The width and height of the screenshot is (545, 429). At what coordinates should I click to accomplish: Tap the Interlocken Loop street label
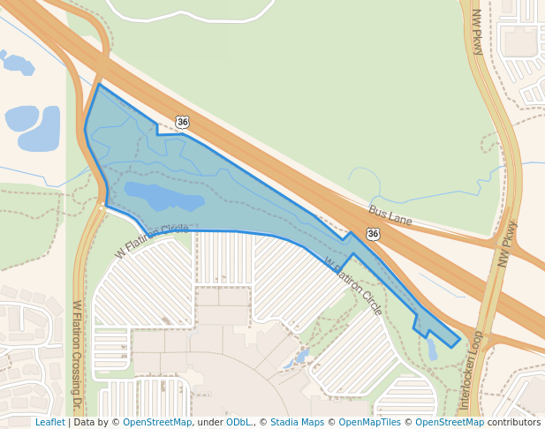[468, 372]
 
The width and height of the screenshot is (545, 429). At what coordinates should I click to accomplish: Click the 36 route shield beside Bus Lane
[374, 233]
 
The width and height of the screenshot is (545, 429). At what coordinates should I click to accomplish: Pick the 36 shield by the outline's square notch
[182, 122]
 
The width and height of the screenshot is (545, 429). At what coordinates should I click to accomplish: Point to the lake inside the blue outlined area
[163, 195]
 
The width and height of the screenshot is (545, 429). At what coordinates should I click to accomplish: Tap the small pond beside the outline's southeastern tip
[432, 350]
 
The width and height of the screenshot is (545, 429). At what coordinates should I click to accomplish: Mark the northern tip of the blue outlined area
[99, 86]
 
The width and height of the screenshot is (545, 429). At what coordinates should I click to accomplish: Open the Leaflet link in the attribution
[49, 422]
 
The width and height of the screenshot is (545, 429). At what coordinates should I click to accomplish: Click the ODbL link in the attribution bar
[238, 422]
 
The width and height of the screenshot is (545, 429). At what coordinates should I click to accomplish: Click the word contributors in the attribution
[514, 422]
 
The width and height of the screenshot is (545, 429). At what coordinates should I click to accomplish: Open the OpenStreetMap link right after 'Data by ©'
[156, 422]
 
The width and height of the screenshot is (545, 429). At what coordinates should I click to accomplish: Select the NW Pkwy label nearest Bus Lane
[506, 244]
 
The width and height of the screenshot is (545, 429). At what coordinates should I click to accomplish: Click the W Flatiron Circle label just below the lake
[152, 240]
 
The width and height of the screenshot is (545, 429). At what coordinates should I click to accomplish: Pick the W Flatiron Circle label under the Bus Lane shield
[353, 287]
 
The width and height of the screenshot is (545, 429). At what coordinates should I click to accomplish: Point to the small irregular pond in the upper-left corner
[17, 64]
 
